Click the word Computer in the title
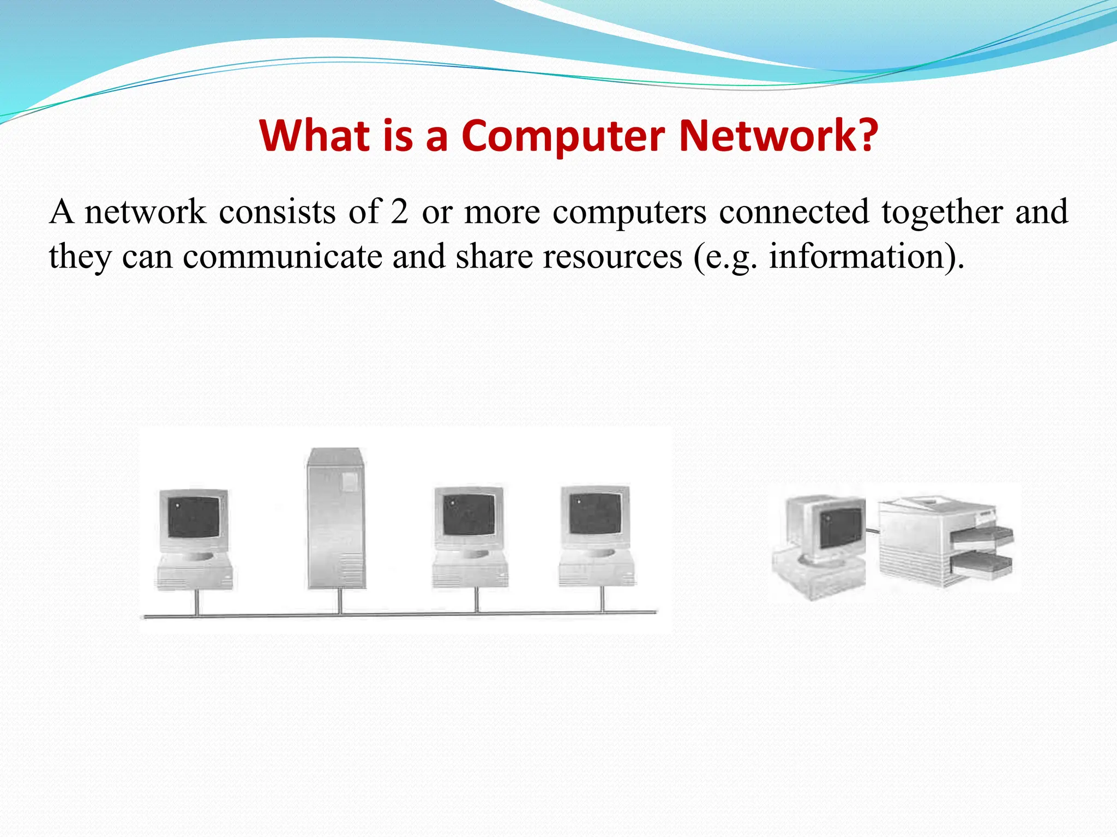pos(563,136)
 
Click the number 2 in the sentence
pos(399,211)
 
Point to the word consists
pos(277,211)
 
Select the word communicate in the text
pos(282,256)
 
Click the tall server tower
pos(335,518)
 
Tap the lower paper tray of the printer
pos(982,565)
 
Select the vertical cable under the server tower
pos(340,601)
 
